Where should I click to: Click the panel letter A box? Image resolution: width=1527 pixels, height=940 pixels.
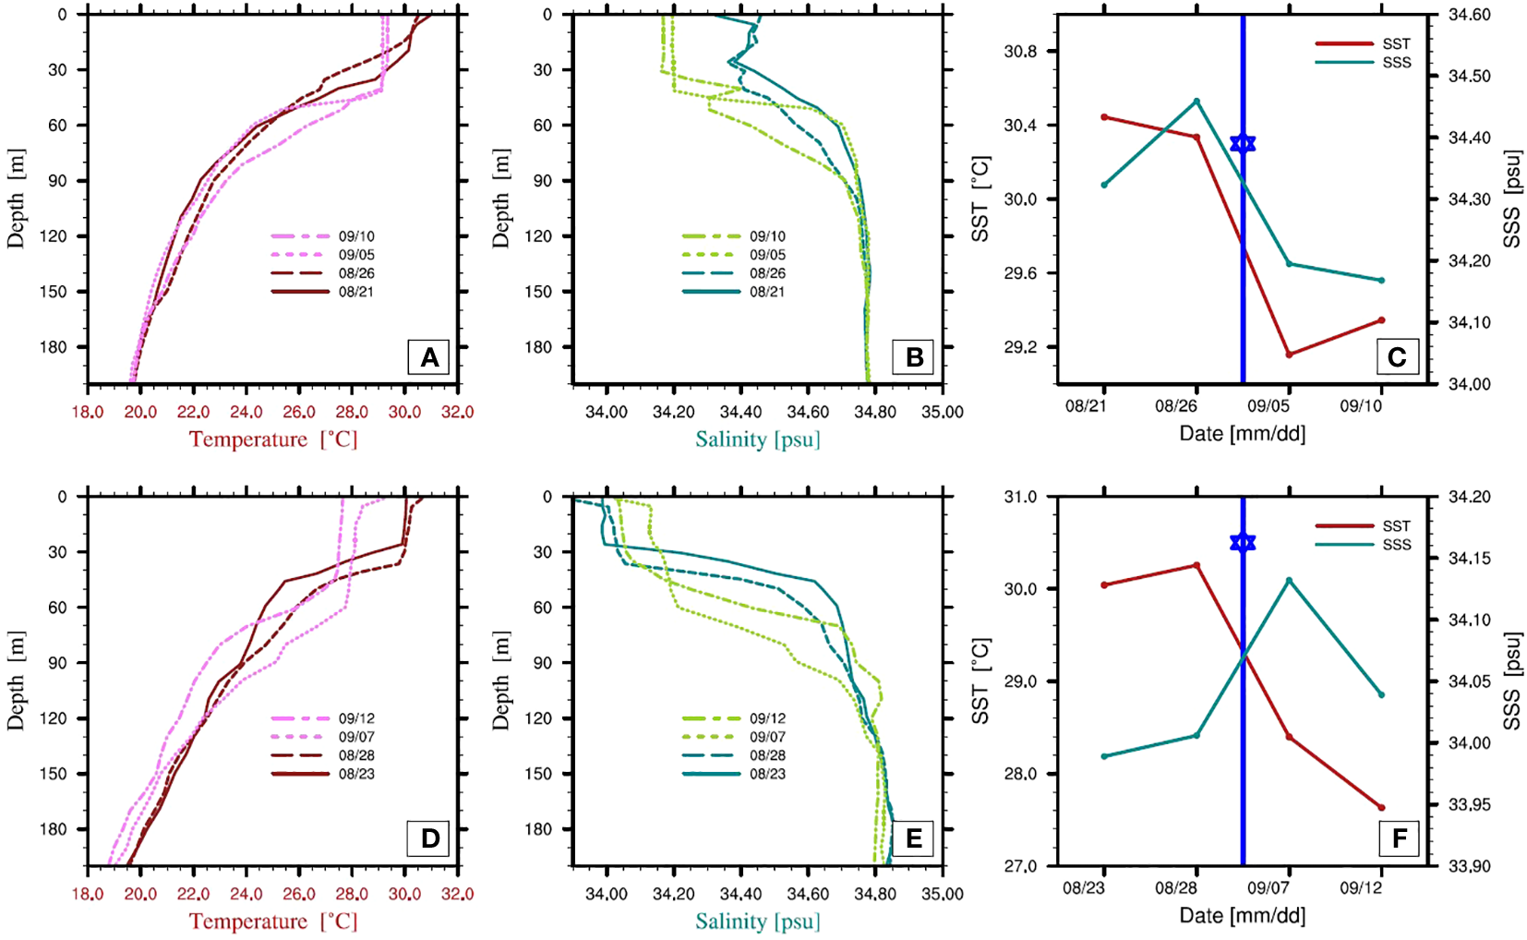pyautogui.click(x=428, y=357)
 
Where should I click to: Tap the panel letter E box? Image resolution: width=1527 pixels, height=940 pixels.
pyautogui.click(x=913, y=838)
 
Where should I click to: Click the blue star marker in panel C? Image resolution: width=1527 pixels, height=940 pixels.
pyautogui.click(x=1243, y=143)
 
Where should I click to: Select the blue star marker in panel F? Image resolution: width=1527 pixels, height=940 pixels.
pyautogui.click(x=1243, y=542)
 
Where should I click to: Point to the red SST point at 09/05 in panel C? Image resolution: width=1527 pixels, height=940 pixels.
pyautogui.click(x=1289, y=355)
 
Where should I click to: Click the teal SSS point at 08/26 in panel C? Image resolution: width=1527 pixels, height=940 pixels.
pyautogui.click(x=1196, y=102)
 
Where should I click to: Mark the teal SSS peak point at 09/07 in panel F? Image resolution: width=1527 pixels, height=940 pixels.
pyautogui.click(x=1289, y=581)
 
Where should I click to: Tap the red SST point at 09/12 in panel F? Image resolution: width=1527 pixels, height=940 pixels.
pyautogui.click(x=1381, y=808)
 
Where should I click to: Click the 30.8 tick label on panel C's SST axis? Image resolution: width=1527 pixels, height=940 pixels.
pyautogui.click(x=1020, y=52)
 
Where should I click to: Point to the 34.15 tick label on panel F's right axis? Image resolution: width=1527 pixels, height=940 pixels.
pyautogui.click(x=1471, y=559)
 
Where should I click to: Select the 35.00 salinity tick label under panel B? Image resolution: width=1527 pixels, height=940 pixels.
pyautogui.click(x=942, y=412)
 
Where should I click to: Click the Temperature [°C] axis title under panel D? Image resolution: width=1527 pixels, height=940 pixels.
pyautogui.click(x=273, y=922)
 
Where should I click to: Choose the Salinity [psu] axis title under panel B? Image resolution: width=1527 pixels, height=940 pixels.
pyautogui.click(x=757, y=440)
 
